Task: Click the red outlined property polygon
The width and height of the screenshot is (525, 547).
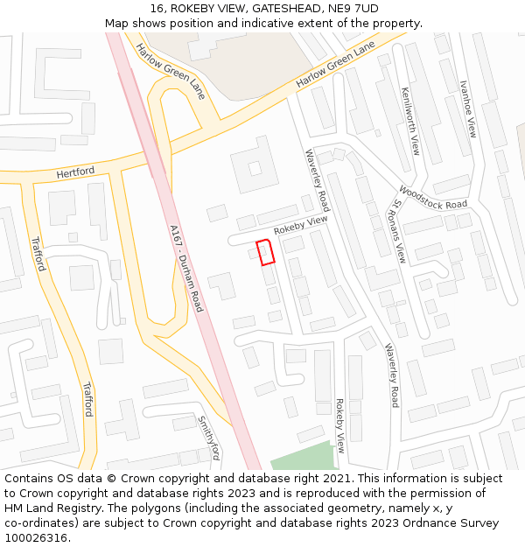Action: pyautogui.click(x=266, y=251)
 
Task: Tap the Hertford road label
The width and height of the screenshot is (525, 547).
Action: pyautogui.click(x=75, y=173)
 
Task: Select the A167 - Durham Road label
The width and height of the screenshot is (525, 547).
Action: pyautogui.click(x=186, y=268)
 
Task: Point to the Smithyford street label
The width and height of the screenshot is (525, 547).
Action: pyautogui.click(x=208, y=438)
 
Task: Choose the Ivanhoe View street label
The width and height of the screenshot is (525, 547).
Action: pyautogui.click(x=469, y=109)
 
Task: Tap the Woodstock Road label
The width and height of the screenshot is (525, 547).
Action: pyautogui.click(x=432, y=197)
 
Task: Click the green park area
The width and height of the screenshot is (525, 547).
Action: pyautogui.click(x=303, y=457)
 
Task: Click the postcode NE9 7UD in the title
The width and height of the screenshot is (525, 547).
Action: pyautogui.click(x=348, y=8)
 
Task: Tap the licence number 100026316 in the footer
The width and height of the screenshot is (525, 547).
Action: pyautogui.click(x=36, y=538)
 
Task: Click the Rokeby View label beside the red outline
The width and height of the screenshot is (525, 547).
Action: pyautogui.click(x=300, y=225)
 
